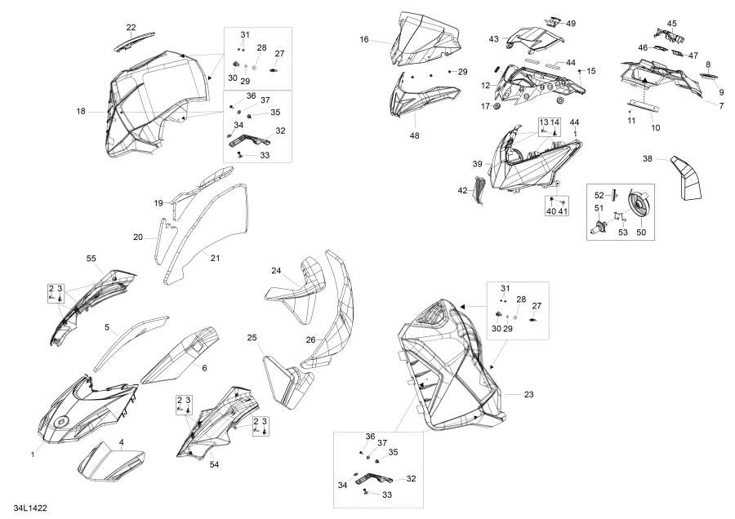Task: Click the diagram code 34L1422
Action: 30,508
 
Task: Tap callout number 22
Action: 131,27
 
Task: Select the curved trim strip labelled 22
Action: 134,42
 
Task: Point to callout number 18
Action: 81,112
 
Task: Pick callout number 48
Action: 414,135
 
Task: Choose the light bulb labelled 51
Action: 600,227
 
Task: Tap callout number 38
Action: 648,159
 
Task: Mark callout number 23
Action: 528,394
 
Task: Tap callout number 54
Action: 214,464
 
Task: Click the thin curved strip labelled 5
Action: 131,343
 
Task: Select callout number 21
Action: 215,258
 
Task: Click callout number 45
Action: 672,24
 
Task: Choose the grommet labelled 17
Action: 497,107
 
